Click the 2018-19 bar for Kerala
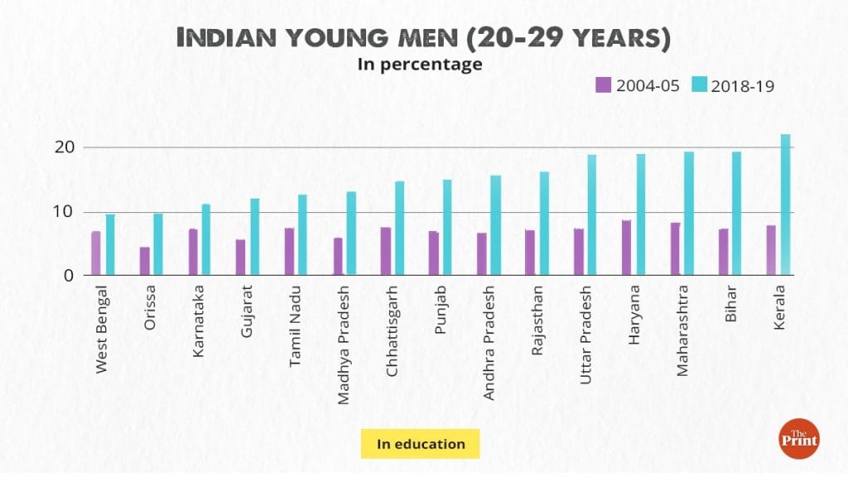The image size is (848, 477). click(x=785, y=205)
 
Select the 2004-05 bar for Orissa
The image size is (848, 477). click(x=144, y=261)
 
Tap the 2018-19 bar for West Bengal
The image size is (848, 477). click(x=110, y=244)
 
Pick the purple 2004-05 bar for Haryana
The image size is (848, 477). click(x=626, y=247)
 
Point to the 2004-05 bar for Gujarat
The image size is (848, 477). click(x=240, y=257)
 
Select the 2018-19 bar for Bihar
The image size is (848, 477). click(x=736, y=213)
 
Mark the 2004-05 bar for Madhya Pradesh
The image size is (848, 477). click(x=337, y=256)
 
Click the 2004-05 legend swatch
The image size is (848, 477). click(x=603, y=84)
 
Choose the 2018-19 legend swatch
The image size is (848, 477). click(x=697, y=84)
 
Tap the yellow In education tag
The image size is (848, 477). click(x=421, y=444)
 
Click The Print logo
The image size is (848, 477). click(x=798, y=438)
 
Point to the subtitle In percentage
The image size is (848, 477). click(x=420, y=64)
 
